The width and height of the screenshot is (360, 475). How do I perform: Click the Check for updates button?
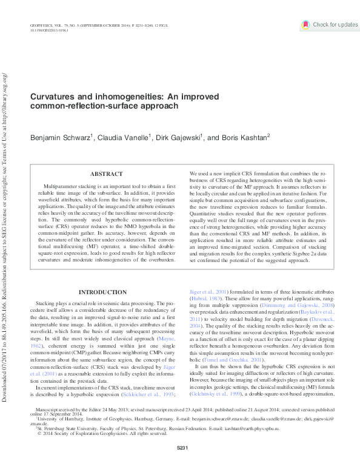[x=330, y=25]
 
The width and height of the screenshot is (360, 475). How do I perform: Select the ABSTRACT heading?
[x=106, y=174]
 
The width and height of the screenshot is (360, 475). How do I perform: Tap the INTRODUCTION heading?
[x=104, y=292]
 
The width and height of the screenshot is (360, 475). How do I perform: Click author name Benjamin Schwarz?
[x=61, y=138]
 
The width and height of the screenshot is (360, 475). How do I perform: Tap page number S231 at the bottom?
[x=180, y=465]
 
